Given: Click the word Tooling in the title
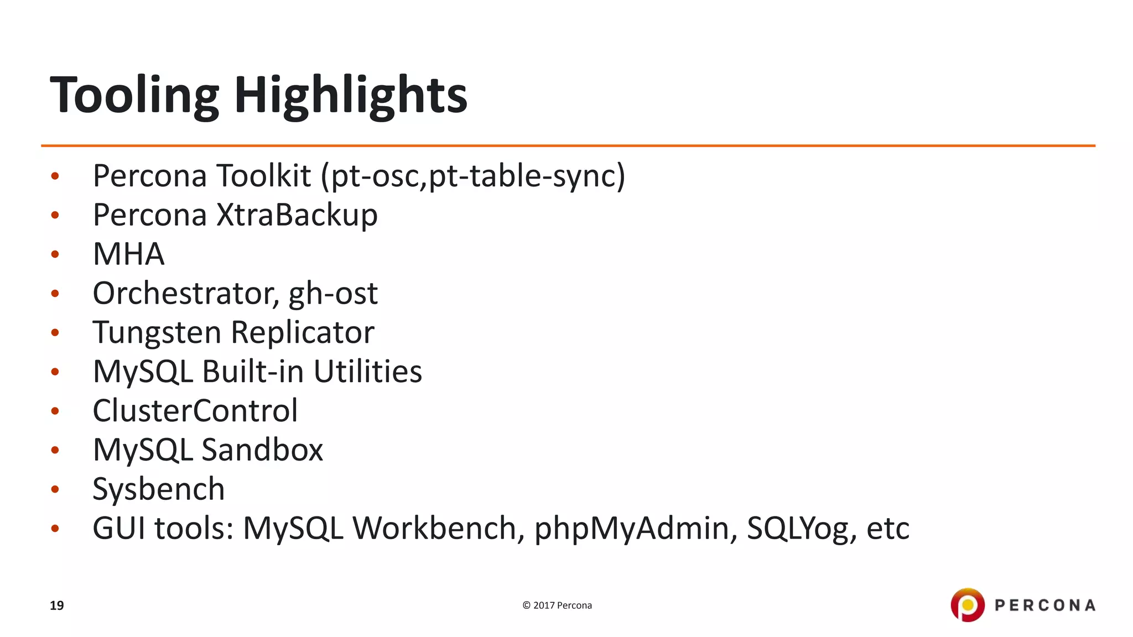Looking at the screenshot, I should pos(134,95).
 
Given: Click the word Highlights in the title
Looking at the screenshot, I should pos(351,95).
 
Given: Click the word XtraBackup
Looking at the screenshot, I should pos(297,215).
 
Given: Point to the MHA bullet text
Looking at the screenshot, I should pos(128,254).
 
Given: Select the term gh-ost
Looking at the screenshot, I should pos(333,293).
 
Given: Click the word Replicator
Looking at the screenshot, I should pos(303,332).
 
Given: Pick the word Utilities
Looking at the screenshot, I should pos(367,372).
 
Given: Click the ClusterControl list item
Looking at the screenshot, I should pos(195,411).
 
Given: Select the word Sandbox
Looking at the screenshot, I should pos(262,450).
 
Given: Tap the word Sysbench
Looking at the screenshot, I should pos(159,489).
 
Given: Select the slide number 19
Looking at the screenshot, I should pos(57,605).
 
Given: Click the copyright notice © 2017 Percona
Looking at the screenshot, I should pos(557,605).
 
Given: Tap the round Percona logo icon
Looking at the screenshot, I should pos(968,605).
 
